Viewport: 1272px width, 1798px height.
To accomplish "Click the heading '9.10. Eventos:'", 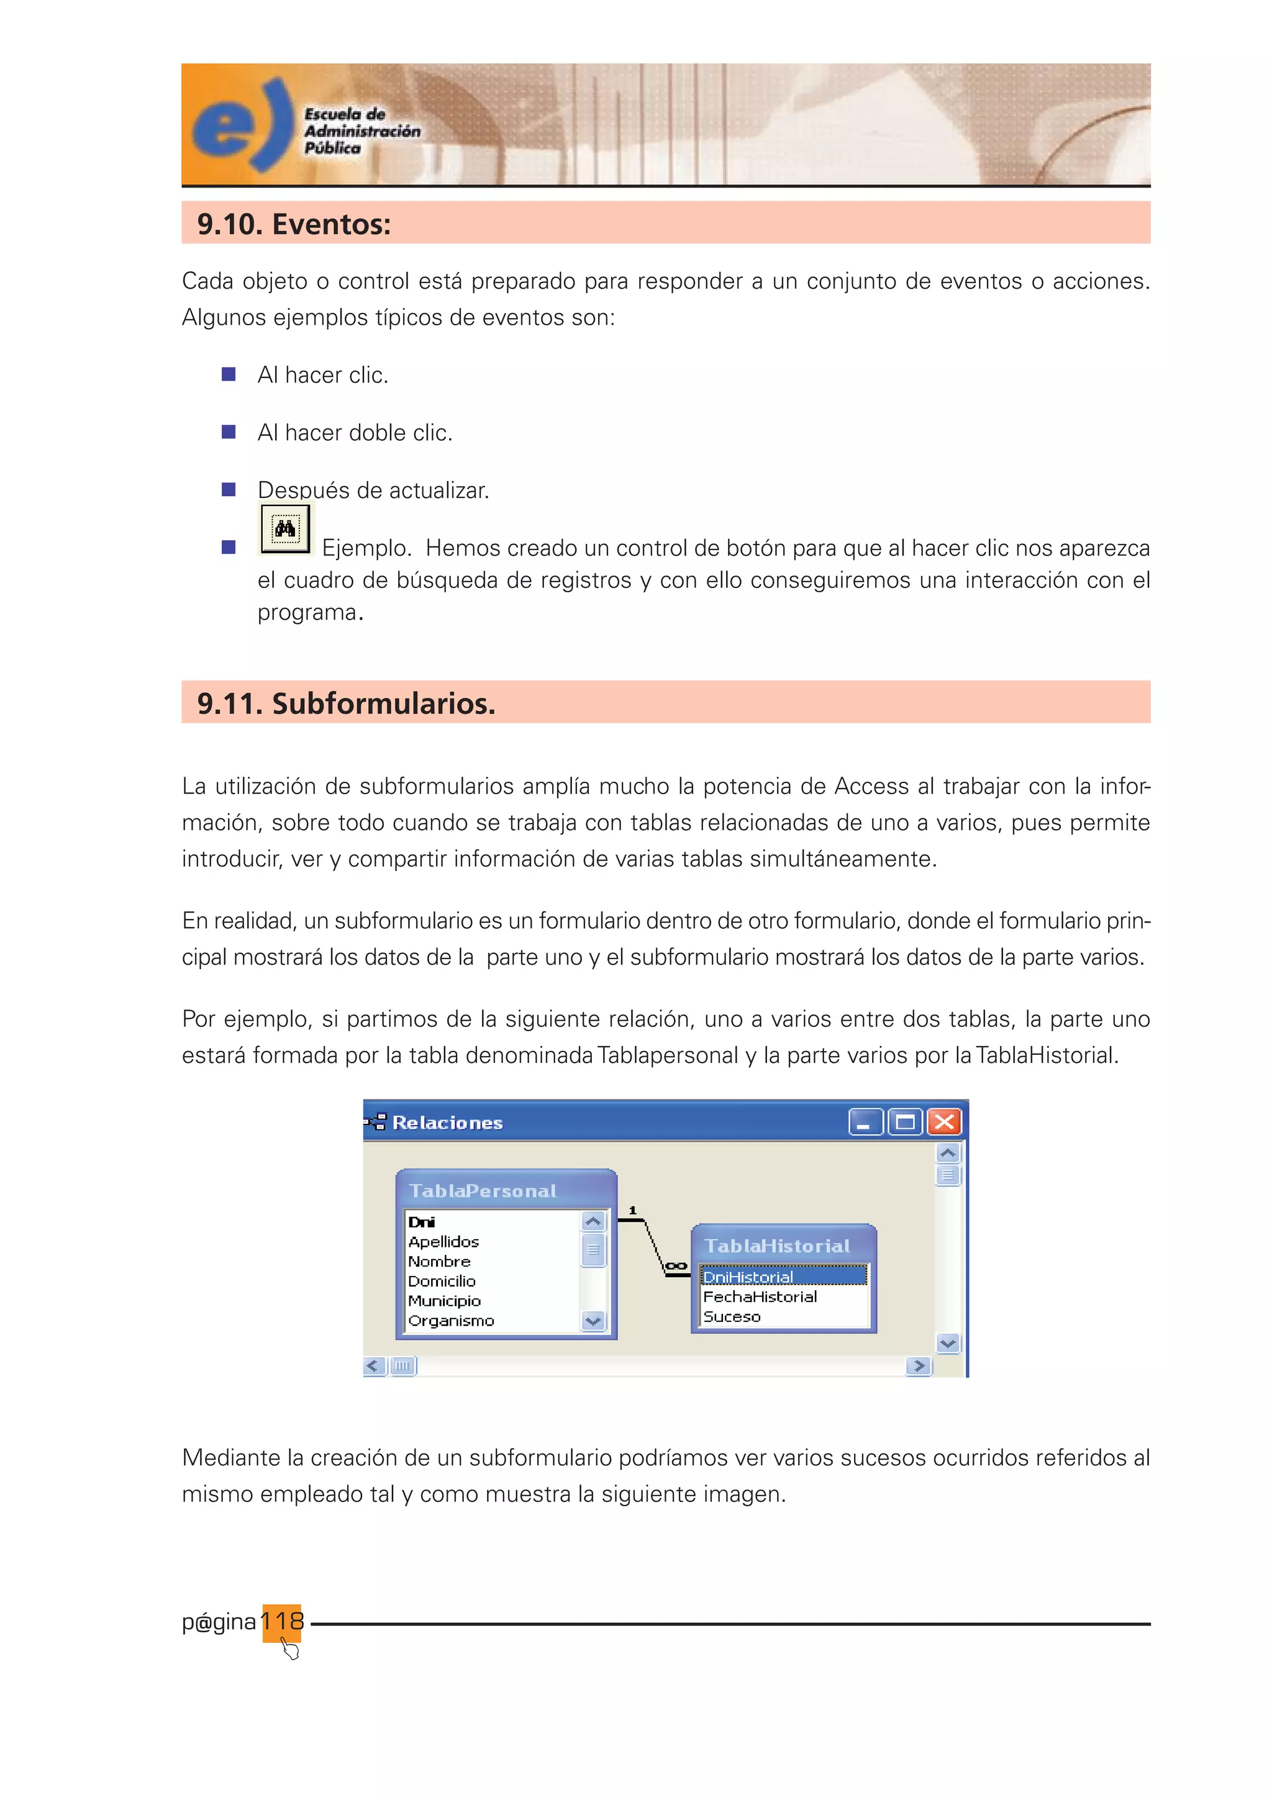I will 294,224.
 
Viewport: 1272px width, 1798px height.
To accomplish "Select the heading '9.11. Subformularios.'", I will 345,703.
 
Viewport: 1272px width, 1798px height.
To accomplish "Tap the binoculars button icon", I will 285,530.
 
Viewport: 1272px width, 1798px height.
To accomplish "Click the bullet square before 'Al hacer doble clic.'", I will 229,432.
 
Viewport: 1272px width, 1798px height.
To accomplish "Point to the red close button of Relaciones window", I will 945,1122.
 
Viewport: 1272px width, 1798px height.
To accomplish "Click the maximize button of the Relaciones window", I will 905,1122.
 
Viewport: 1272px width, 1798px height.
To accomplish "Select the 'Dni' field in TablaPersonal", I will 421,1222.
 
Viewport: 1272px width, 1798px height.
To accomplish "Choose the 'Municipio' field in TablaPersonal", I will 444,1301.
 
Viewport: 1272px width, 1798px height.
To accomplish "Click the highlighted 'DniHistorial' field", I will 748,1277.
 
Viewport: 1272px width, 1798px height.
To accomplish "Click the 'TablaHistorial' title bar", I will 777,1246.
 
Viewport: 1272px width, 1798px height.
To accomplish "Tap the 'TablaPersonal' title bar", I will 483,1191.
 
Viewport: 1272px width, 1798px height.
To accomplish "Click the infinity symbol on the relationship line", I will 675,1265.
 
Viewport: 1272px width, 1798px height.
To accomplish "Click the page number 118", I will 282,1620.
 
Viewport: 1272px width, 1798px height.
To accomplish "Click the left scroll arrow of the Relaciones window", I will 374,1366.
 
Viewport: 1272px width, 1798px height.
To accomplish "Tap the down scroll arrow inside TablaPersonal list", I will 593,1321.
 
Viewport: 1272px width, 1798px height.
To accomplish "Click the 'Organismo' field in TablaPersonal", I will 451,1321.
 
